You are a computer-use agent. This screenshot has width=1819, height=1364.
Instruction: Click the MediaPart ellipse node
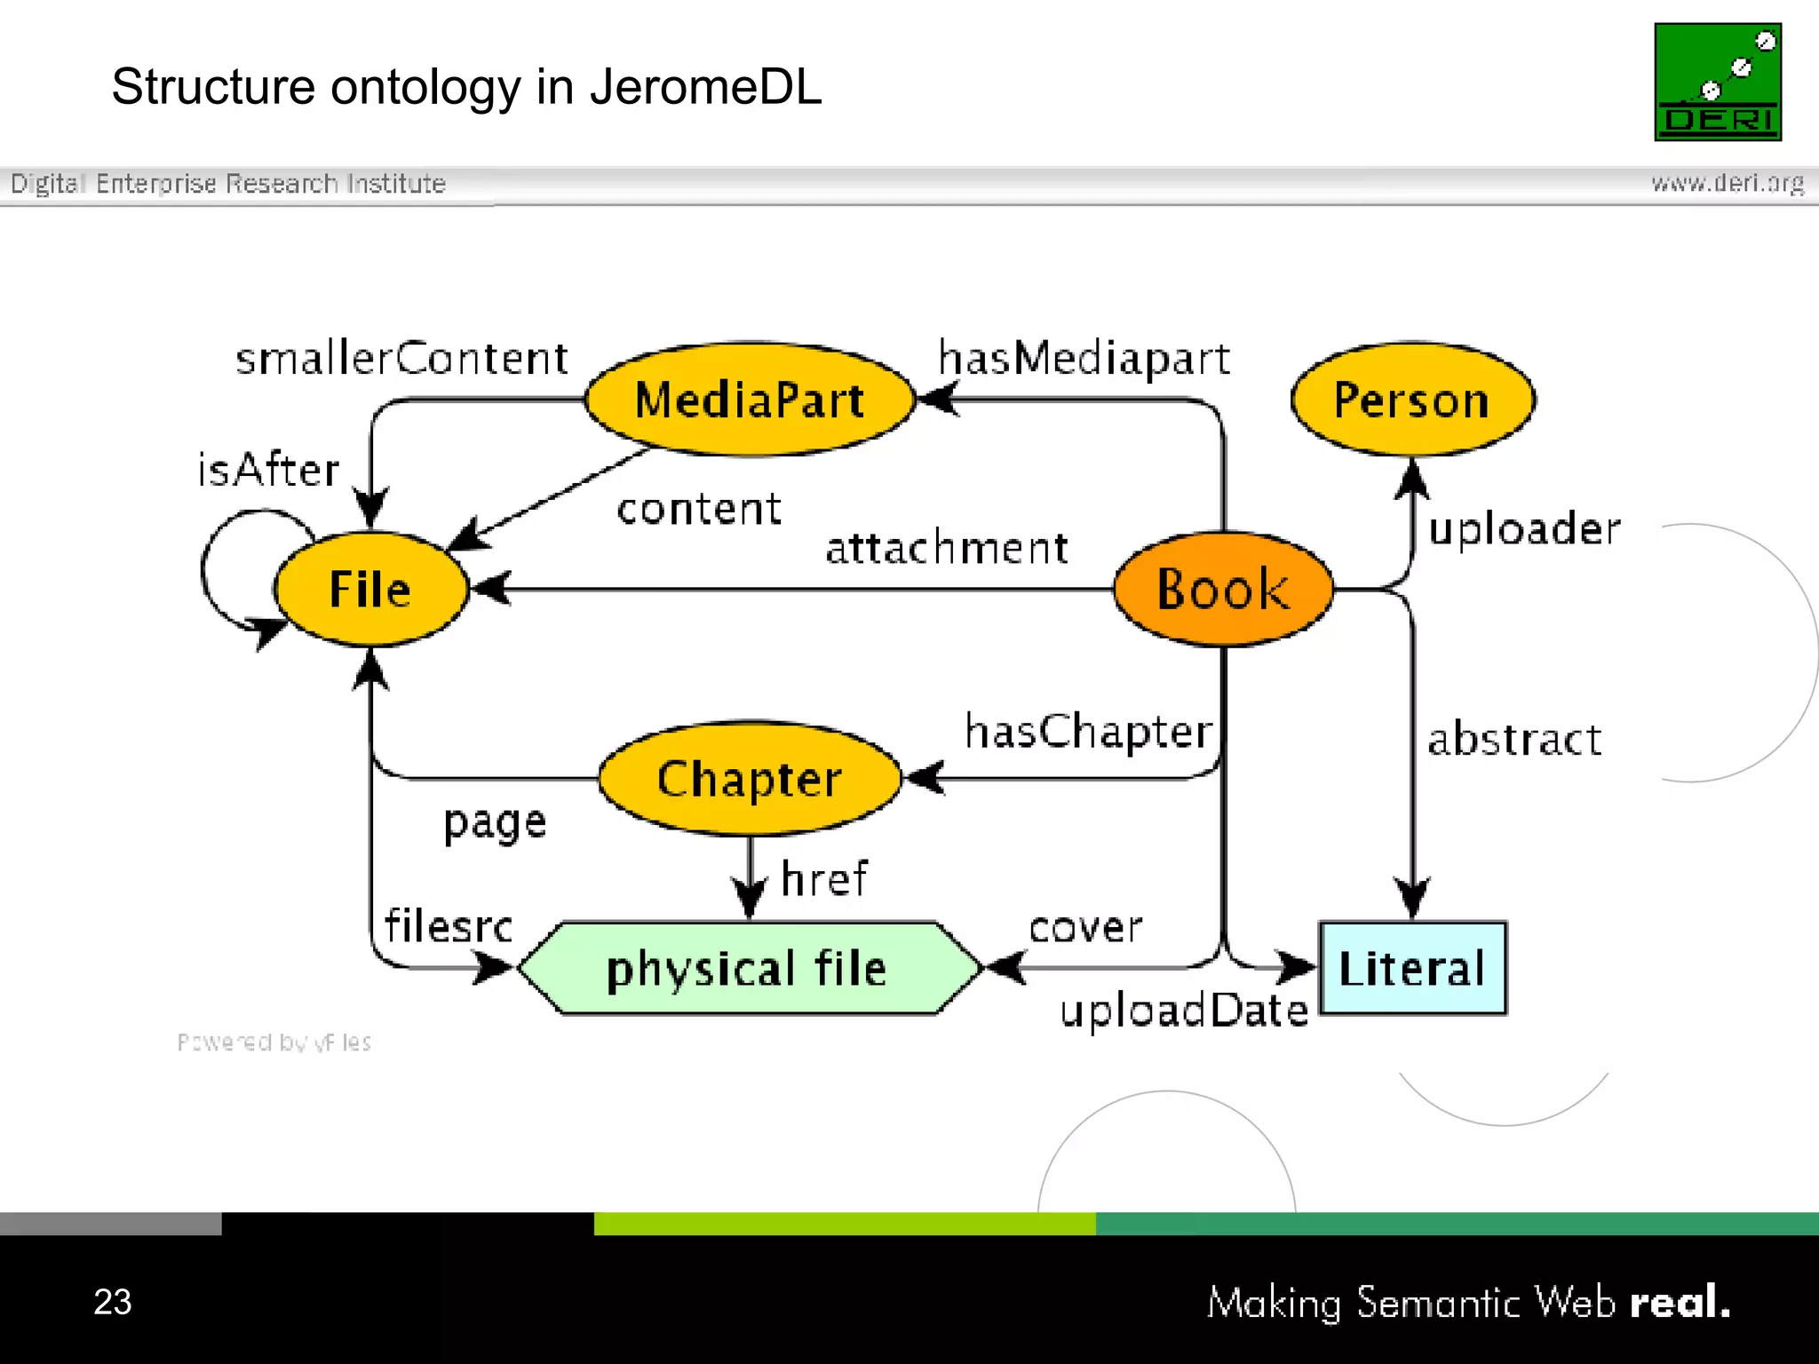click(x=750, y=400)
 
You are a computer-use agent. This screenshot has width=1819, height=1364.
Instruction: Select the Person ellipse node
click(x=1412, y=400)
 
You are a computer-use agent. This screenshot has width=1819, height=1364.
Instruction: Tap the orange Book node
click(x=1223, y=589)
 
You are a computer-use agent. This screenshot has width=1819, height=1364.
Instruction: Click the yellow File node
click(x=370, y=589)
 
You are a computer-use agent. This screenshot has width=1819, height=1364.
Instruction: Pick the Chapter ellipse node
click(x=750, y=779)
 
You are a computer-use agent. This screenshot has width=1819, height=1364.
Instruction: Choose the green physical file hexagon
click(x=748, y=968)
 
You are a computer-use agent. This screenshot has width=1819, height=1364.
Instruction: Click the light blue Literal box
click(x=1412, y=968)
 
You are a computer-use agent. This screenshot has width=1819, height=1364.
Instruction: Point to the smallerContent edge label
click(x=401, y=359)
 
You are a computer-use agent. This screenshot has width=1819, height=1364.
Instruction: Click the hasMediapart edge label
click(x=1084, y=359)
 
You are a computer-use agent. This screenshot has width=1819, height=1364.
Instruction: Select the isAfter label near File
click(x=268, y=470)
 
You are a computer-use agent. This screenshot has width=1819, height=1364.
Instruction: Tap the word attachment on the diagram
click(x=947, y=548)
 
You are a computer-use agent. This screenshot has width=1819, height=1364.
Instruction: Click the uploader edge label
click(x=1524, y=529)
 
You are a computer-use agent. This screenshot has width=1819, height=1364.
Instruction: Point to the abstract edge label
click(x=1514, y=739)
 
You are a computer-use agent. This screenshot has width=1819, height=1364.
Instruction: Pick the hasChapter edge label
click(x=1089, y=732)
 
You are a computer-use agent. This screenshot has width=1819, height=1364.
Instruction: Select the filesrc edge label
click(x=449, y=926)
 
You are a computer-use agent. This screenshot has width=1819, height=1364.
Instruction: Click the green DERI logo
click(x=1718, y=82)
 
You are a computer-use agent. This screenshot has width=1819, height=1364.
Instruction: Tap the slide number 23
click(x=113, y=1302)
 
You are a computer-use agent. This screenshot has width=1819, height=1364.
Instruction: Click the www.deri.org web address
click(x=1728, y=183)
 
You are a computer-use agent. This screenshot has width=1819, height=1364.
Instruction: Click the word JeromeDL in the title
click(x=706, y=87)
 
